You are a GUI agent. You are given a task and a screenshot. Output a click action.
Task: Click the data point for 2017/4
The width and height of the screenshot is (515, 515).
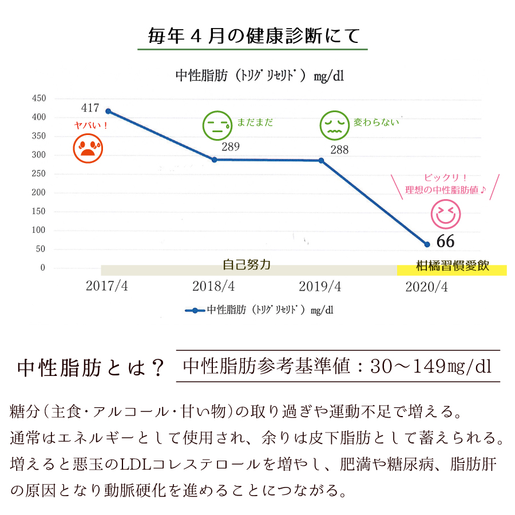(108, 111)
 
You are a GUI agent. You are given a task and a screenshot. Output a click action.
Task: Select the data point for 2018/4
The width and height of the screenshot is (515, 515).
(215, 160)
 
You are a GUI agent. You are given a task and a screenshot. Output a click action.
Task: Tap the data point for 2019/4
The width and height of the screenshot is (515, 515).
(321, 160)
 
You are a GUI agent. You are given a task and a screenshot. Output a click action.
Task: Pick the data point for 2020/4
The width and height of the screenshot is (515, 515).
(427, 244)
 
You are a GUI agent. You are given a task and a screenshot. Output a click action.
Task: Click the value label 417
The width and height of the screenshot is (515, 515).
(90, 108)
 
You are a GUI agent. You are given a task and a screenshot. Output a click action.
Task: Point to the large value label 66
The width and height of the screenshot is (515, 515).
(445, 241)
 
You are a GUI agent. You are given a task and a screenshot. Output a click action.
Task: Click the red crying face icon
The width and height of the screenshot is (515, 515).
(88, 148)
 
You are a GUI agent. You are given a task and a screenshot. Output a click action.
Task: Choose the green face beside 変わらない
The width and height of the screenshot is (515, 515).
(334, 126)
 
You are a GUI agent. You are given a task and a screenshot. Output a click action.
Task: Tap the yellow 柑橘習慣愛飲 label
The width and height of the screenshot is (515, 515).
(452, 267)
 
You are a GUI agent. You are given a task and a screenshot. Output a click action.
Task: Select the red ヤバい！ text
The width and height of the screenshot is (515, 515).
(92, 125)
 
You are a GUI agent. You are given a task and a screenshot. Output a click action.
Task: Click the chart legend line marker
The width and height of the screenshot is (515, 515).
(195, 311)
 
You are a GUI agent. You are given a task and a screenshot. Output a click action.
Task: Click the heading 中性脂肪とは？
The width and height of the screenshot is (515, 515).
(91, 368)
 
